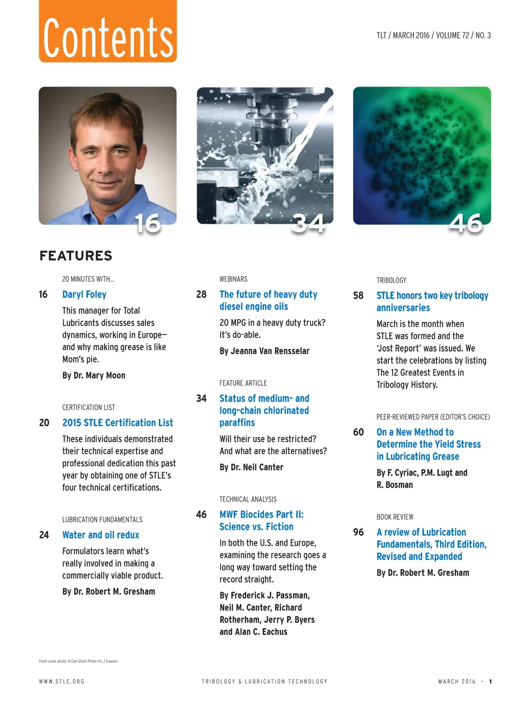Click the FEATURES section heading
click(76, 256)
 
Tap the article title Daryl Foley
click(84, 294)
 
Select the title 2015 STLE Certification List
click(117, 423)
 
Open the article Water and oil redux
click(100, 535)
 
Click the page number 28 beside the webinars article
click(201, 294)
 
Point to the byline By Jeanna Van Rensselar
click(264, 351)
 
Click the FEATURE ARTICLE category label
click(243, 383)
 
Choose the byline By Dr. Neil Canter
click(251, 467)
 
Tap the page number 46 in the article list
click(201, 514)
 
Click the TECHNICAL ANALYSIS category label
click(248, 499)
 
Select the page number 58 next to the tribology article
click(358, 295)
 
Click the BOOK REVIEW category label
click(395, 517)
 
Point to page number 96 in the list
click(358, 532)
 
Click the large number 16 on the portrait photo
click(148, 224)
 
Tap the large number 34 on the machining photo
click(308, 224)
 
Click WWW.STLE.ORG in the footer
click(62, 682)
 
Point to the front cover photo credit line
click(78, 661)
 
